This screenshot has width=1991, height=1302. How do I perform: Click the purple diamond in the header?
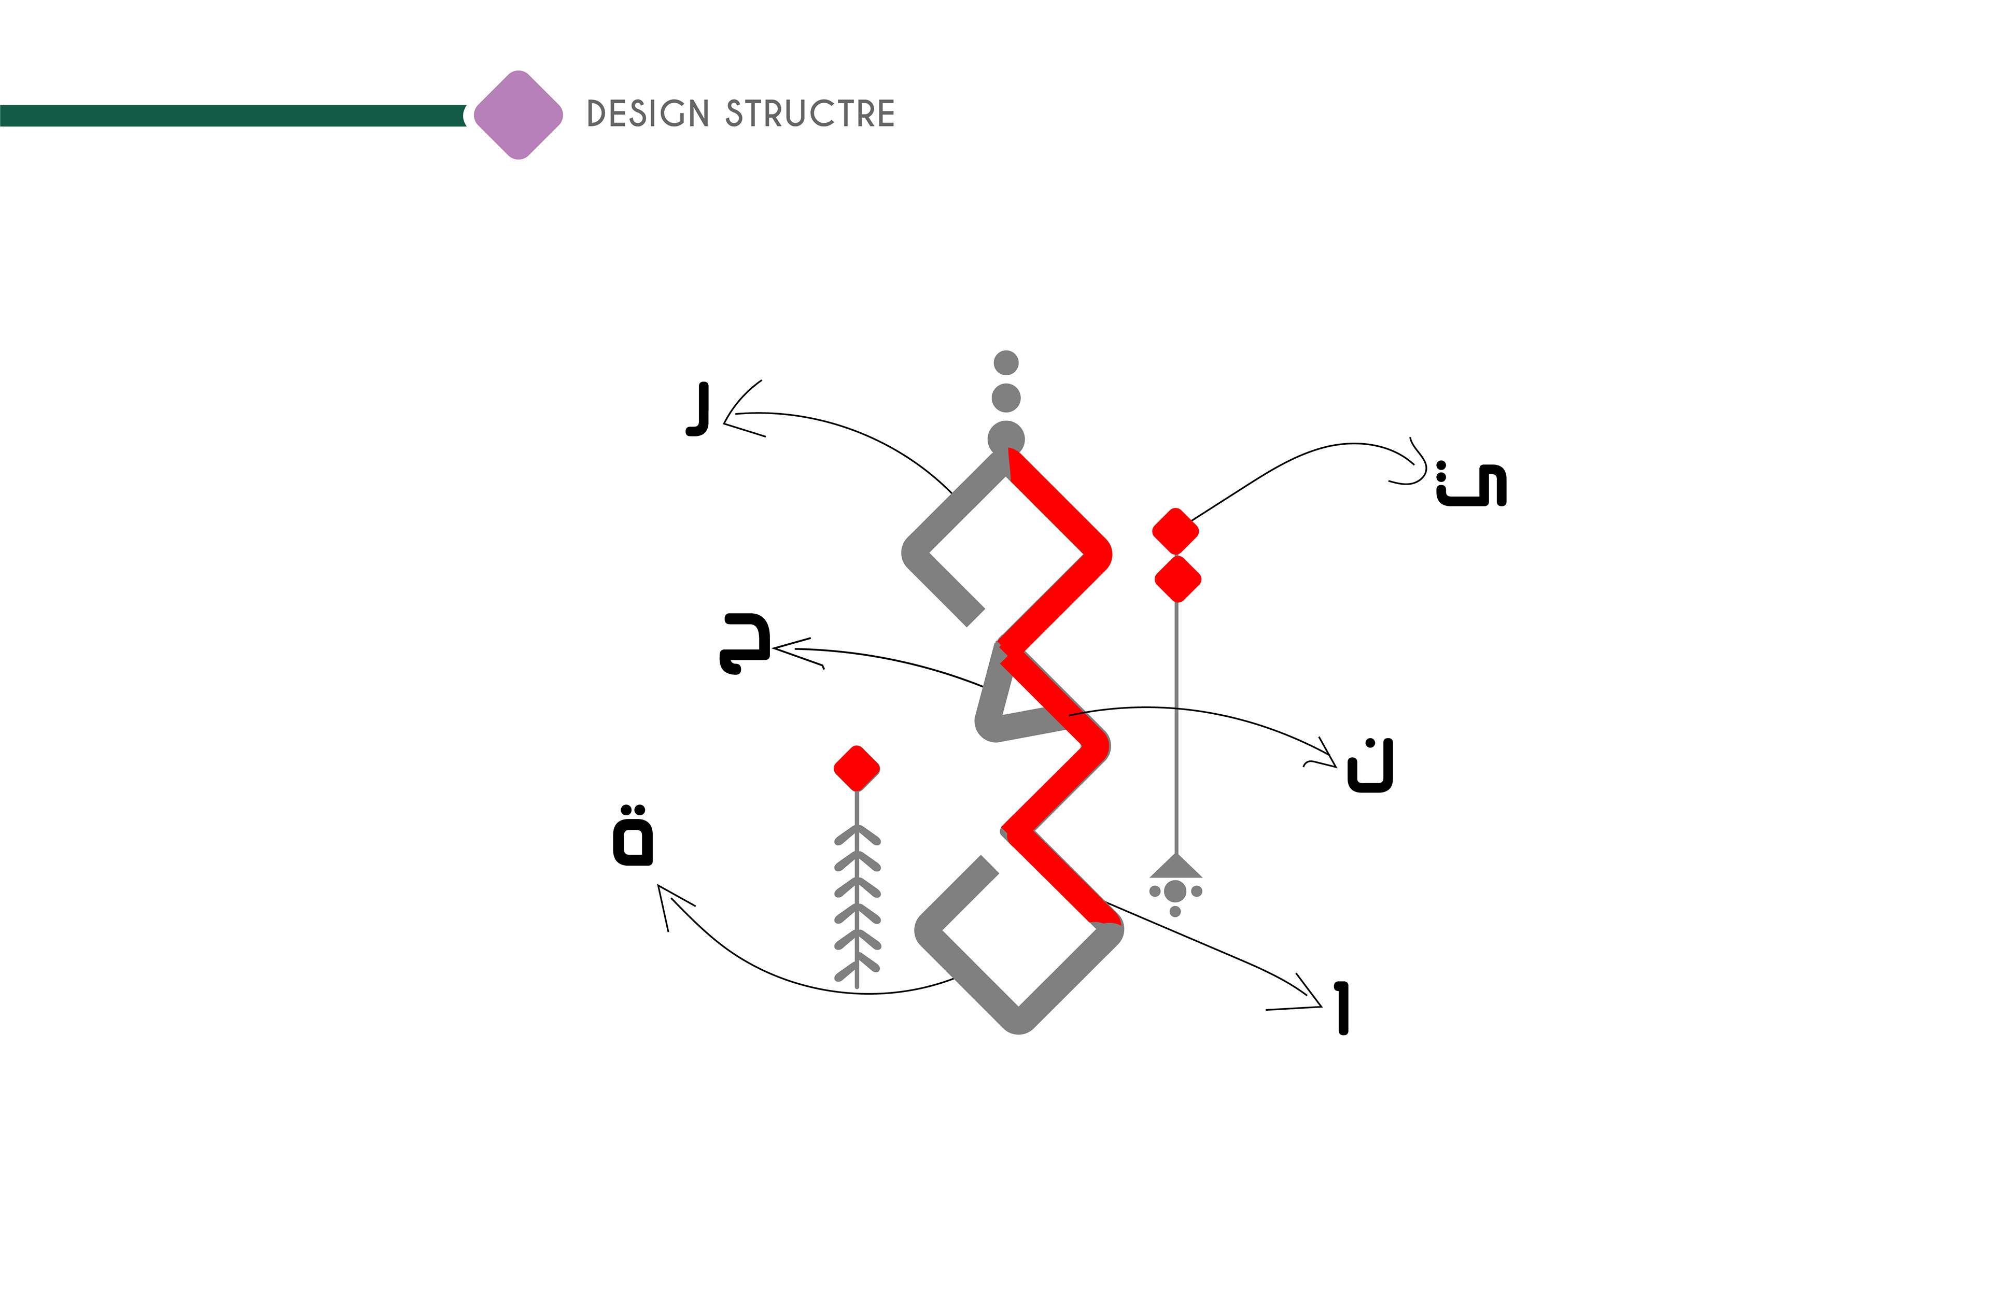[518, 115]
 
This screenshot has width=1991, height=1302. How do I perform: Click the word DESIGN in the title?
[648, 114]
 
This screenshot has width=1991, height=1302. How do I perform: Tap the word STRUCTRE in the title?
[810, 114]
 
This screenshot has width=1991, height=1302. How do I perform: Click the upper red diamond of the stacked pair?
[1175, 530]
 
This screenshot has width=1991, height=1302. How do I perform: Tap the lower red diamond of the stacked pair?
[1178, 578]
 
